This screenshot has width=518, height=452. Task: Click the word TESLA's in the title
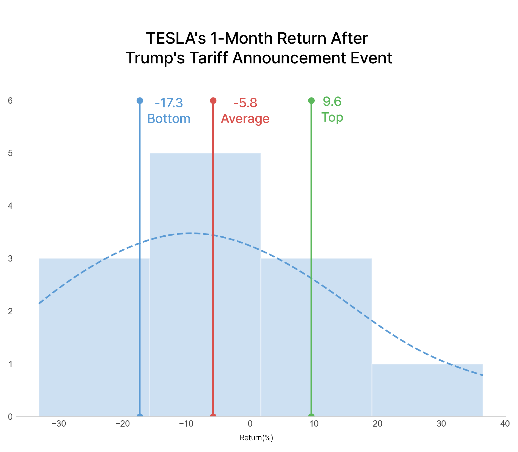point(176,38)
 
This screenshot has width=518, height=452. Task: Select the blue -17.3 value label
point(169,103)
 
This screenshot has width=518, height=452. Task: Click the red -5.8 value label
point(245,103)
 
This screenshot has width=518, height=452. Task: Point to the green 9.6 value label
point(332,102)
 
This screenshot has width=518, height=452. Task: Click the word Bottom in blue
point(169,119)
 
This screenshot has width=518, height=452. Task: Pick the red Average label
point(245,119)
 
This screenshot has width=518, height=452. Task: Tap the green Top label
point(332,117)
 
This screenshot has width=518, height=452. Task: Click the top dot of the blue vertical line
point(140,101)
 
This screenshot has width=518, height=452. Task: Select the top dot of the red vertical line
point(213,101)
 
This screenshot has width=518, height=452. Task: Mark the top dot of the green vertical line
point(311,101)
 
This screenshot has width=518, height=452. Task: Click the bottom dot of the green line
point(311,416)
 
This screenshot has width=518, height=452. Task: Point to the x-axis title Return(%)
point(256,438)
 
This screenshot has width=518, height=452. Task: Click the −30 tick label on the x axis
point(59,424)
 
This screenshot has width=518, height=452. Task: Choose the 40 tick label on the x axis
point(505,424)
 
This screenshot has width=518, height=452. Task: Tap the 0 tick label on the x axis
point(250,424)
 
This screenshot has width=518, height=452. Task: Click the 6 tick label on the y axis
point(10,101)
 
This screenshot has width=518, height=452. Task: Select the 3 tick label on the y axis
point(10,259)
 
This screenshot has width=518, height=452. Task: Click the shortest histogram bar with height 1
point(427,390)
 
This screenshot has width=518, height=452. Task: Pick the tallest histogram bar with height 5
point(205,285)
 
